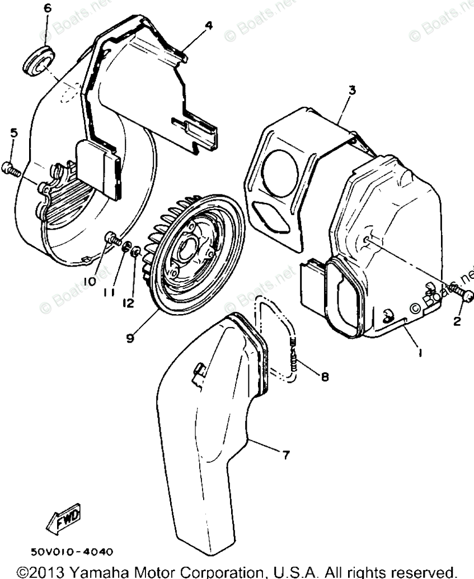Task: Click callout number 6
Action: pos(47,8)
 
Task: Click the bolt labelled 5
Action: pos(12,168)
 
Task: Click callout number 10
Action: pos(90,282)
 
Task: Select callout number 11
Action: pos(111,292)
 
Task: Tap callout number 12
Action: pos(129,302)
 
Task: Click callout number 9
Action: pos(129,339)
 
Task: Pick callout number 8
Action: pos(325,377)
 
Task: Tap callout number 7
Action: pos(285,456)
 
